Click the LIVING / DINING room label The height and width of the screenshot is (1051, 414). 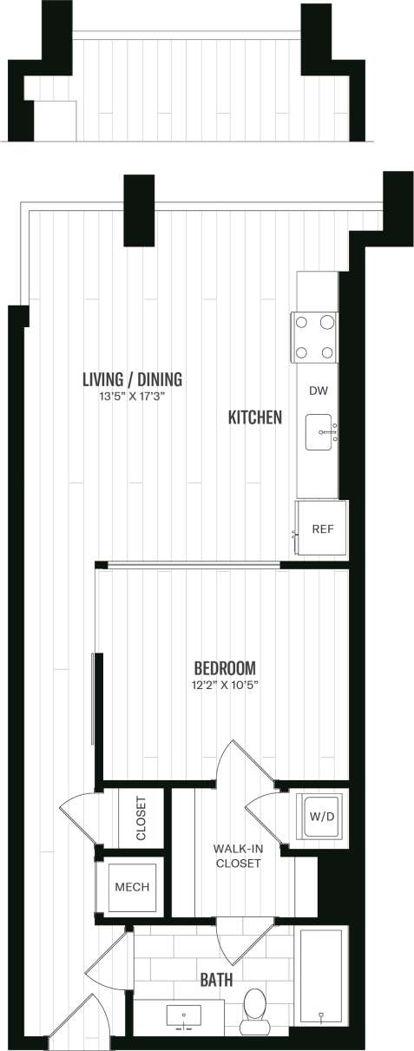[132, 379]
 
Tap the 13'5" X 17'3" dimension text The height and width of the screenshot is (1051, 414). [132, 397]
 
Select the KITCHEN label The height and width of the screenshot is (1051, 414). [254, 417]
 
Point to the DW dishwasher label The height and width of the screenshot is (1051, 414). [318, 391]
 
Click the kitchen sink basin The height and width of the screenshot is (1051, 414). [323, 431]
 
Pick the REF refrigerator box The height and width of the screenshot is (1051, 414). [322, 529]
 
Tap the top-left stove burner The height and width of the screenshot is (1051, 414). [303, 323]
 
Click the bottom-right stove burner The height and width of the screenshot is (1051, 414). [327, 352]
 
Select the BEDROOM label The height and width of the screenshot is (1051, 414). [224, 668]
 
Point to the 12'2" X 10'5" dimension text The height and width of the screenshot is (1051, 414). [224, 686]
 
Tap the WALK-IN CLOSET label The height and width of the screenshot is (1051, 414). [237, 856]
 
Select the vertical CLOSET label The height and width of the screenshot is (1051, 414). [141, 818]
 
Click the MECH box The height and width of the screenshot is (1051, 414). [132, 887]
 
